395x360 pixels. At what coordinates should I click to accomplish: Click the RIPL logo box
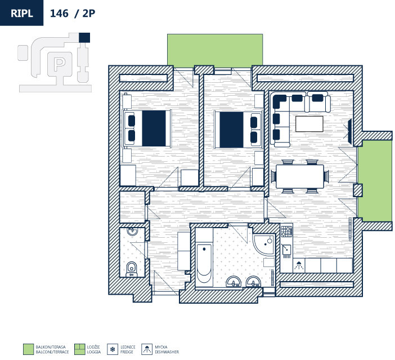[x=21, y=13]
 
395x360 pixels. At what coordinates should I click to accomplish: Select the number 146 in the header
[x=60, y=13]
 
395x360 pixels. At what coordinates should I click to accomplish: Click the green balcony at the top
[x=215, y=50]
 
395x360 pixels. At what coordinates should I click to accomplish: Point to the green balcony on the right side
[x=374, y=183]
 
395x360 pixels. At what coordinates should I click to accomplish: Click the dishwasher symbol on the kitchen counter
[x=299, y=265]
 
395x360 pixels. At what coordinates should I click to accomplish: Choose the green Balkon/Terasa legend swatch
[x=28, y=349]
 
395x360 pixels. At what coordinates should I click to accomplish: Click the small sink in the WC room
[x=132, y=232]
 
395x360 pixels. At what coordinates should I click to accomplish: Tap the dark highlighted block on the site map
[x=84, y=38]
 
